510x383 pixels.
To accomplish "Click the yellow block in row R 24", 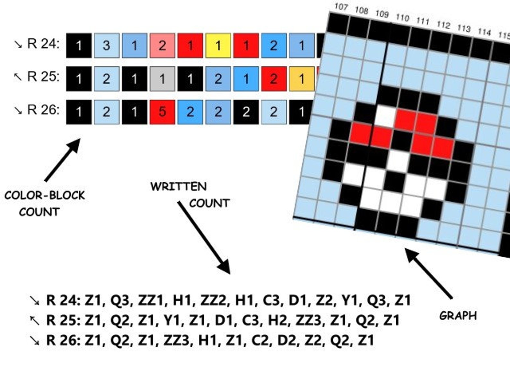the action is (218, 46).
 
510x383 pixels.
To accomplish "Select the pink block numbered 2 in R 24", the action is (163, 46).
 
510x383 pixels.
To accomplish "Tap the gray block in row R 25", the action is (163, 79).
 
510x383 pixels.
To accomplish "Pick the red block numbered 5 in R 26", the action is (163, 112).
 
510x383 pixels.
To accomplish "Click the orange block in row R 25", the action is (302, 79).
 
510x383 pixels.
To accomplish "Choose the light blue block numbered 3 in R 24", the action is (107, 46).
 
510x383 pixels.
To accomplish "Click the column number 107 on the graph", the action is (341, 7).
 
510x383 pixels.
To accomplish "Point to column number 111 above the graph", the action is (423, 21).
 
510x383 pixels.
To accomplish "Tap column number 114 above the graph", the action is (484, 32).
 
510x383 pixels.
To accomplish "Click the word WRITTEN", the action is (179, 187).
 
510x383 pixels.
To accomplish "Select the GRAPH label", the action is (458, 316).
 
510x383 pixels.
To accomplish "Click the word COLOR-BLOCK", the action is (45, 195).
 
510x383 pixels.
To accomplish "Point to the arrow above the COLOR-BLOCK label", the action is (63, 160).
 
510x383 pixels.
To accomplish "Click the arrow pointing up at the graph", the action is (429, 273).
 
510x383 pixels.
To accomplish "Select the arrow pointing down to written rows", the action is (204, 238).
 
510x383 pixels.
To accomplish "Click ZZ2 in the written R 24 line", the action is (213, 300).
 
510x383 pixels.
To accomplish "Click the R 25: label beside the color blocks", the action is (43, 76).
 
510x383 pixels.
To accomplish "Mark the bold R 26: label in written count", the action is (64, 341).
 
